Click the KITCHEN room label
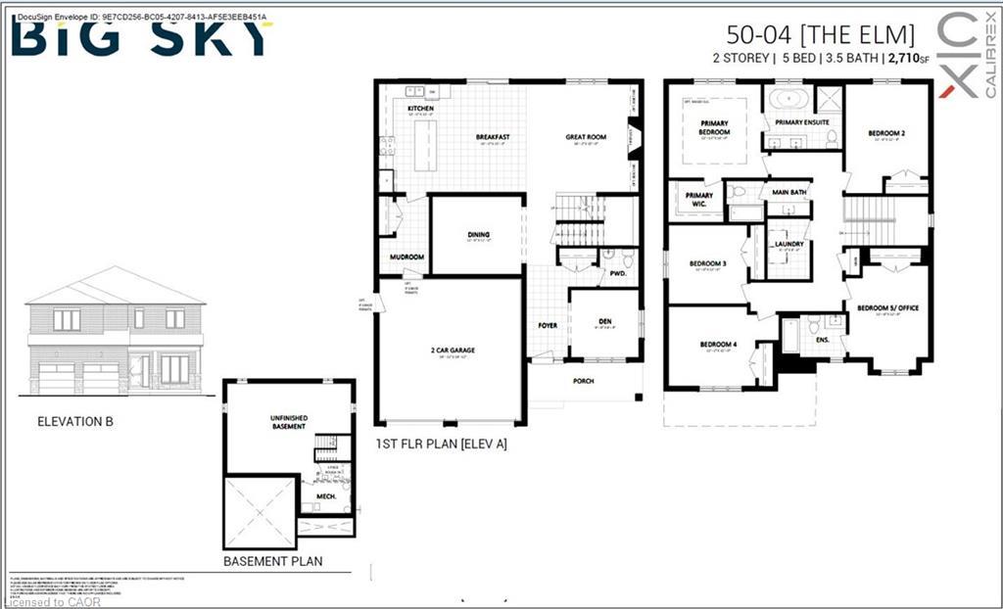click(x=420, y=109)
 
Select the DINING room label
click(x=478, y=235)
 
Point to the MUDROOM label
click(x=406, y=258)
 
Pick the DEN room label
click(x=604, y=321)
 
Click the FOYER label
click(x=547, y=325)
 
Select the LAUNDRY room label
click(x=788, y=244)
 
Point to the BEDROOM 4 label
click(x=718, y=344)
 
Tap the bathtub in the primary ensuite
click(x=788, y=99)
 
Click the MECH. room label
click(x=326, y=496)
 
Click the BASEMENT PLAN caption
click(x=273, y=562)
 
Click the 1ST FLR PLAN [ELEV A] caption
click(x=441, y=444)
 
